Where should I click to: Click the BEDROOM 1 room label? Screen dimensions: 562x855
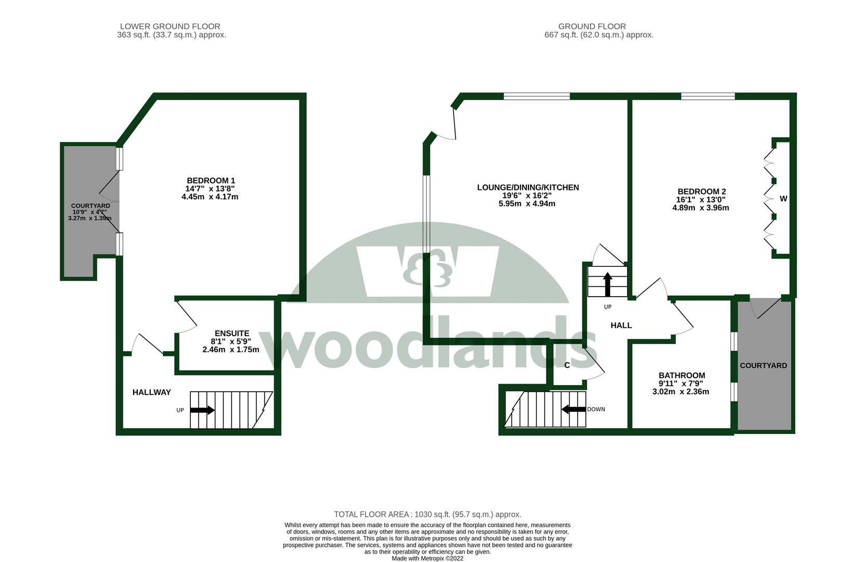(x=211, y=181)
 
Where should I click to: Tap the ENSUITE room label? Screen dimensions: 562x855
(x=231, y=334)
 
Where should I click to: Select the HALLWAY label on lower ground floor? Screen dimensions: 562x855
(x=151, y=392)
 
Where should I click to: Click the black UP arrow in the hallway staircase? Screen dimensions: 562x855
(x=202, y=410)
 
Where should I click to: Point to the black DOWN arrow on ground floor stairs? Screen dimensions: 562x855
(x=573, y=409)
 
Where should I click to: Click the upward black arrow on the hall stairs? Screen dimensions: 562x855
(x=607, y=284)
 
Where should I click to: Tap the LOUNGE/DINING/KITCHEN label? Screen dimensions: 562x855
(x=528, y=187)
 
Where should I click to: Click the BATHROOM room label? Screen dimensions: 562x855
(x=681, y=375)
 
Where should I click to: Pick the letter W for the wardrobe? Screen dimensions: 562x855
(x=783, y=198)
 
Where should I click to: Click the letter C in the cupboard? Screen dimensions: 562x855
(x=567, y=365)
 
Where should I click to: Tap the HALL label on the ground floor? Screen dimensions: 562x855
(x=621, y=325)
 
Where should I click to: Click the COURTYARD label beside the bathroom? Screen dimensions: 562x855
(x=763, y=365)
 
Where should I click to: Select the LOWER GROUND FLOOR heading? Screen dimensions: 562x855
(x=170, y=26)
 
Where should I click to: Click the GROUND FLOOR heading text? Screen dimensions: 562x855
(x=592, y=26)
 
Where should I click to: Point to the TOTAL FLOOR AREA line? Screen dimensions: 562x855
(x=427, y=514)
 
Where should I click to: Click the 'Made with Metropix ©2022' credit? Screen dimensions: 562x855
(x=427, y=558)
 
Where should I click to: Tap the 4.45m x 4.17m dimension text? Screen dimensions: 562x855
(x=210, y=197)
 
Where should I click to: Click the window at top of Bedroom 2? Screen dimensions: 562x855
(x=707, y=96)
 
